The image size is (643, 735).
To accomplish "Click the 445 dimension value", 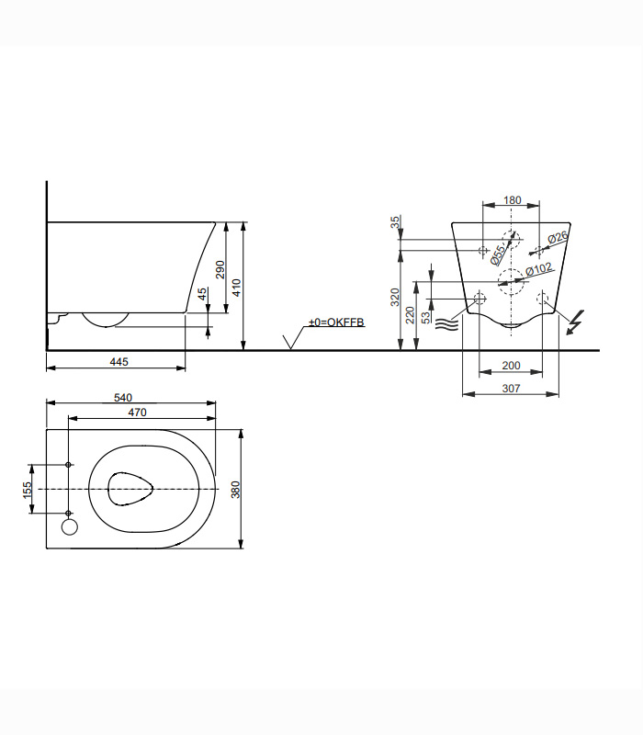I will pyautogui.click(x=118, y=362).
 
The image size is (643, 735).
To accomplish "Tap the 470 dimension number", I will pyautogui.click(x=137, y=413).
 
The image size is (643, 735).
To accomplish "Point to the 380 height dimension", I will pyautogui.click(x=235, y=489).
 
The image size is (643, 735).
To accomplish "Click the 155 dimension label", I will pyautogui.click(x=28, y=489).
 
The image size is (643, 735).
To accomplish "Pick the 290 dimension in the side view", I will pyautogui.click(x=220, y=268).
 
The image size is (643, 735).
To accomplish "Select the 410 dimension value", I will pyautogui.click(x=236, y=288).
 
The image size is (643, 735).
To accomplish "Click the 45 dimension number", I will pyautogui.click(x=203, y=295).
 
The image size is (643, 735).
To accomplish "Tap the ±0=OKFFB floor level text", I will pyautogui.click(x=336, y=322).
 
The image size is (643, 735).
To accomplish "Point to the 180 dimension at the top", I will pyautogui.click(x=513, y=200).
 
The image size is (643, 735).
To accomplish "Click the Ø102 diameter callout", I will pyautogui.click(x=538, y=268).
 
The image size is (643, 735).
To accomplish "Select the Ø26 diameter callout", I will pyautogui.click(x=558, y=238).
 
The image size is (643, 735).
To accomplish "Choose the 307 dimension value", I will pyautogui.click(x=512, y=389).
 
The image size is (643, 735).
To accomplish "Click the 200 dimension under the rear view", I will pyautogui.click(x=512, y=366).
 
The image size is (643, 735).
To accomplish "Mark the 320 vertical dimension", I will pyautogui.click(x=395, y=296).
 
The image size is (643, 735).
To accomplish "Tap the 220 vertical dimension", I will pyautogui.click(x=410, y=314).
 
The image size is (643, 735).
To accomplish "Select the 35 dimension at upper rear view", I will pyautogui.click(x=395, y=222).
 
